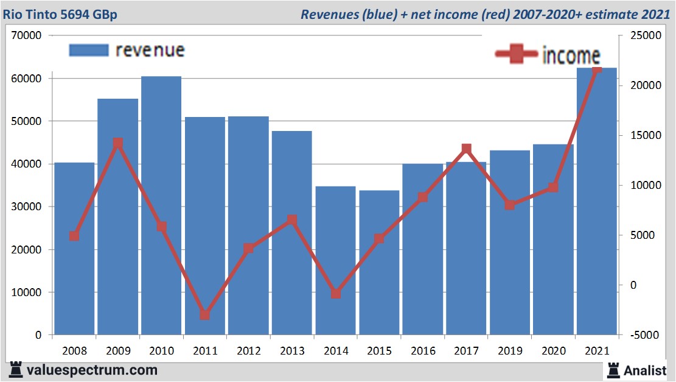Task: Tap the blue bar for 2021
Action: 596,201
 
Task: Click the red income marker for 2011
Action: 205,315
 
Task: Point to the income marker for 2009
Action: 118,144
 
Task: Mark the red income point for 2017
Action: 466,149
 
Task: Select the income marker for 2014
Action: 335,294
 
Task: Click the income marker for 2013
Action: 292,220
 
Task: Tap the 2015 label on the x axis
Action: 379,351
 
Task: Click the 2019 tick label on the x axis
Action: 510,351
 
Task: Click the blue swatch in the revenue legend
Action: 88,50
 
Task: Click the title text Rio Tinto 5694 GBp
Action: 60,14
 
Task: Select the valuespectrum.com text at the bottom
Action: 92,370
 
